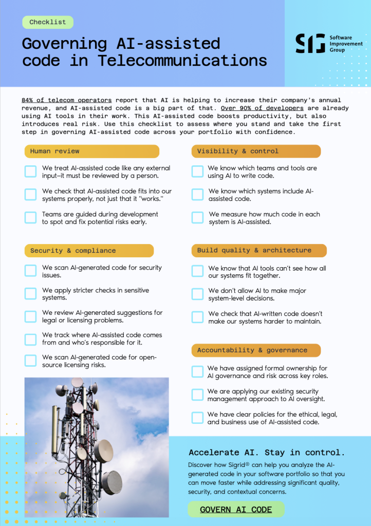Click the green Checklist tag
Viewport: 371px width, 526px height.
pos(48,22)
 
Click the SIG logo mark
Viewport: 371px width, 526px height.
pos(310,44)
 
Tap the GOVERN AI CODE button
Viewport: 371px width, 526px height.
pos(236,510)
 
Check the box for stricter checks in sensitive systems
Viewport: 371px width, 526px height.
pos(31,293)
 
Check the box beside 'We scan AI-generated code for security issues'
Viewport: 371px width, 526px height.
pos(31,271)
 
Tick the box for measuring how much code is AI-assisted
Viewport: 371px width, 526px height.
pos(197,217)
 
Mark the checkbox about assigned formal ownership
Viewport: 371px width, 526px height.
pos(197,371)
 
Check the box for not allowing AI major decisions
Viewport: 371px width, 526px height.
pos(197,294)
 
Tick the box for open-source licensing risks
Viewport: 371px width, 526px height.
pos(31,360)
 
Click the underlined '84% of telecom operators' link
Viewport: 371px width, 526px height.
pos(66,100)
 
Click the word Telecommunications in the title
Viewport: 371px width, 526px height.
pos(182,61)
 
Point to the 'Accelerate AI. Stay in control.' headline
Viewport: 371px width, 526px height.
pos(267,453)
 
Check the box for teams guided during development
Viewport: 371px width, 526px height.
pos(31,217)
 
